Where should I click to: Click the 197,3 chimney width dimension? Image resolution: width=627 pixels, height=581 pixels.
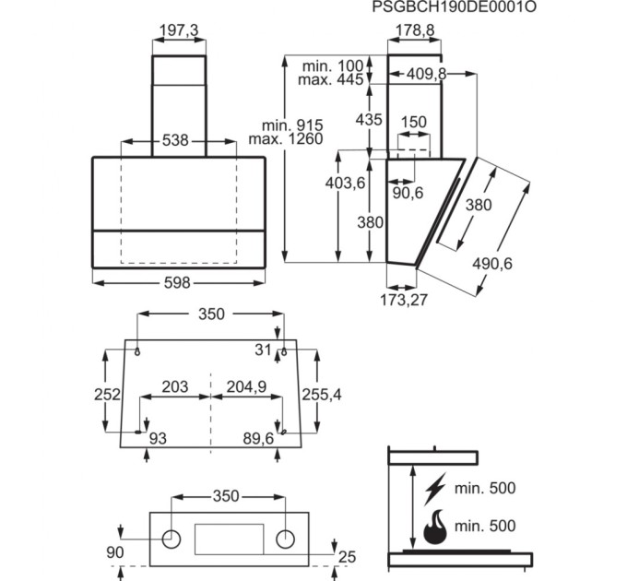coord(179,31)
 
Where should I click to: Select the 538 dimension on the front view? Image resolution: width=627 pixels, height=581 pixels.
coord(175,141)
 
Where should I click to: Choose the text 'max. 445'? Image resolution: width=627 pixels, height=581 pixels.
coord(333,81)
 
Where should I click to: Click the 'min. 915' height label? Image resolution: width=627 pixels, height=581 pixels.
coord(292,125)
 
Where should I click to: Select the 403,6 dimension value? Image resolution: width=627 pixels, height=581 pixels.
coord(346,184)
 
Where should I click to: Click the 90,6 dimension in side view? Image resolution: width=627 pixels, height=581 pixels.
coord(407,193)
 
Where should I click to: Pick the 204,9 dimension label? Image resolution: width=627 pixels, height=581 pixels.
coord(245,387)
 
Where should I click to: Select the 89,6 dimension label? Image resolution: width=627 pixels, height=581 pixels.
coord(257,439)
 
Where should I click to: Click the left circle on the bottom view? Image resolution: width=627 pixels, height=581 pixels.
coord(172,538)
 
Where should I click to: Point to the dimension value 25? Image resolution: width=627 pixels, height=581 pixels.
coord(347,556)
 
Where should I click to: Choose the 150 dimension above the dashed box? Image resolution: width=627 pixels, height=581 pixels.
coord(414,123)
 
